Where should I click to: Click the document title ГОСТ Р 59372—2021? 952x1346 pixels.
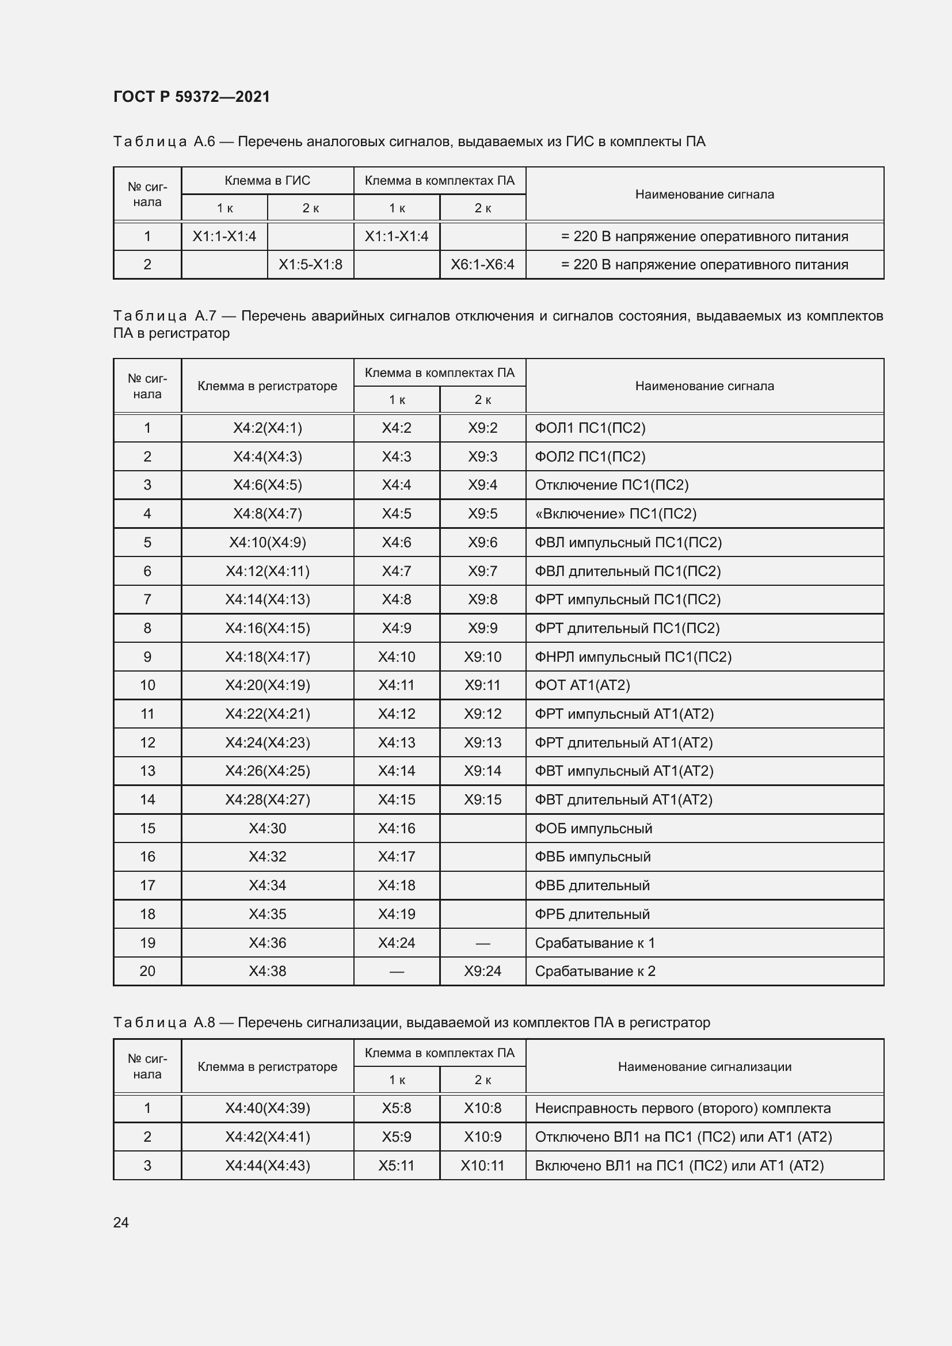pyautogui.click(x=192, y=97)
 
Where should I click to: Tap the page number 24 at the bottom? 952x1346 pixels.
pyautogui.click(x=121, y=1222)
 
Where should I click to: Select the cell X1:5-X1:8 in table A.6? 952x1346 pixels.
pyautogui.click(x=310, y=264)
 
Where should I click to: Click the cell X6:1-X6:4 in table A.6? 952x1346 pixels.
pyautogui.click(x=482, y=264)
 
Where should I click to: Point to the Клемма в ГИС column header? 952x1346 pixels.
pyautogui.click(x=267, y=181)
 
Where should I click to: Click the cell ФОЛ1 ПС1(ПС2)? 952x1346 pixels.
pyautogui.click(x=590, y=428)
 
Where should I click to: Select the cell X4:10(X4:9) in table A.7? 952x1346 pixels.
pyautogui.click(x=267, y=542)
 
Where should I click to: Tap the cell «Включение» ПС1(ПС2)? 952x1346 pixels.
pyautogui.click(x=615, y=513)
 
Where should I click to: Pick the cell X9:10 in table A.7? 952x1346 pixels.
pyautogui.click(x=482, y=657)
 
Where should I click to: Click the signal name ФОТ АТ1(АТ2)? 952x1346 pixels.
pyautogui.click(x=582, y=685)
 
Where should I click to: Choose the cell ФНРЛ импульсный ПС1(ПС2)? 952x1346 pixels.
pyautogui.click(x=633, y=657)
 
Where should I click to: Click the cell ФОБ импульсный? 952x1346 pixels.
pyautogui.click(x=593, y=828)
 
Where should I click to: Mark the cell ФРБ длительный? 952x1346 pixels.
pyautogui.click(x=592, y=914)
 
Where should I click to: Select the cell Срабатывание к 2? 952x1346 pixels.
pyautogui.click(x=595, y=971)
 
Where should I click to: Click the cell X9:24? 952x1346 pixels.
pyautogui.click(x=482, y=971)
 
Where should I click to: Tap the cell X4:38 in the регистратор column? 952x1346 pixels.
pyautogui.click(x=267, y=971)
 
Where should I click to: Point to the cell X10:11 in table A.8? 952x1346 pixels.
pyautogui.click(x=482, y=1165)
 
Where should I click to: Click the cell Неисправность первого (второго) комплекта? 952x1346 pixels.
pyautogui.click(x=683, y=1108)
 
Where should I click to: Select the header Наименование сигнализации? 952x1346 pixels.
pyautogui.click(x=705, y=1066)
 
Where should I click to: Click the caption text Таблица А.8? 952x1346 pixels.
pyautogui.click(x=165, y=1023)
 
